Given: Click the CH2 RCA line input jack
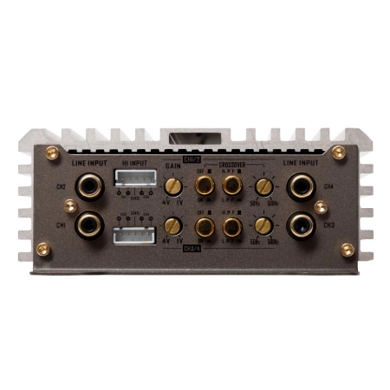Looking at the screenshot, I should click(88, 185).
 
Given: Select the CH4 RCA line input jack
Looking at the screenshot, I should click(302, 185).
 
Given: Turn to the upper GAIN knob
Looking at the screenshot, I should click(172, 185).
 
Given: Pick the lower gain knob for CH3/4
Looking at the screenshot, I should click(172, 226).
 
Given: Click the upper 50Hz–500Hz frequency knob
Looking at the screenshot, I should click(263, 186).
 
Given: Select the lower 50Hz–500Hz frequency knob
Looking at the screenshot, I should click(263, 227).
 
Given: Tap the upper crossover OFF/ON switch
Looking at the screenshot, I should click(205, 185).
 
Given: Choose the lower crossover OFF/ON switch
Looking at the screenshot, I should click(205, 227).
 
